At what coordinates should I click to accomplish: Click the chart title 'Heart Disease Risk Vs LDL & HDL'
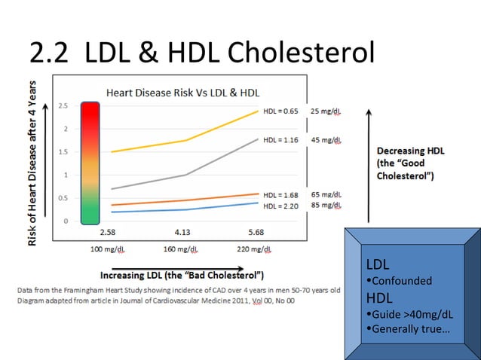click(182, 93)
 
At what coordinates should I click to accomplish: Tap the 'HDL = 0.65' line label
click(280, 111)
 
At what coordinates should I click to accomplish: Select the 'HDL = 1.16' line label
click(280, 141)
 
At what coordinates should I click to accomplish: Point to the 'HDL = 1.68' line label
click(280, 195)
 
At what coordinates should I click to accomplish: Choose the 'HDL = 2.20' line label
click(280, 206)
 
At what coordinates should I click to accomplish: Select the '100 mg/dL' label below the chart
click(108, 249)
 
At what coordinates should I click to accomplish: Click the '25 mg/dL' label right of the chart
click(326, 111)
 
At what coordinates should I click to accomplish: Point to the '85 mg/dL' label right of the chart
click(326, 206)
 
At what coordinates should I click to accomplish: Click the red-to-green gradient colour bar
click(90, 163)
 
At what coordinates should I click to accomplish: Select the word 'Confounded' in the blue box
click(402, 281)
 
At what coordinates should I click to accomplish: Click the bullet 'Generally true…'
click(407, 329)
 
